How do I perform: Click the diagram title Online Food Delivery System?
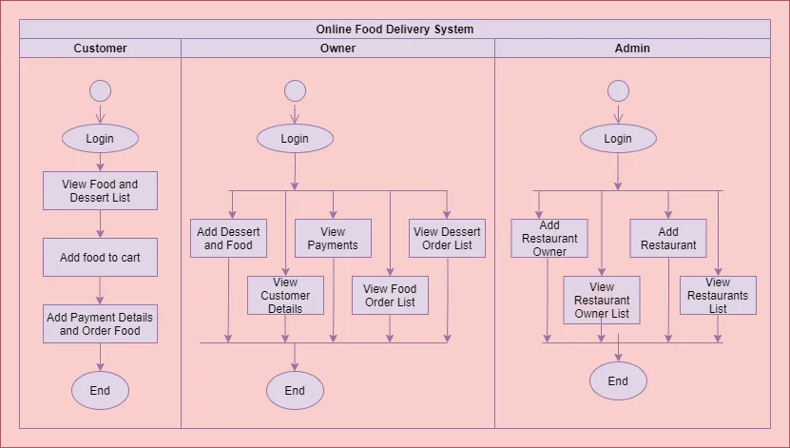click(395, 29)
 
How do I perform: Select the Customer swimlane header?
click(100, 49)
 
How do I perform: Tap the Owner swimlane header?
click(337, 49)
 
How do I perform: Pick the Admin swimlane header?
click(632, 49)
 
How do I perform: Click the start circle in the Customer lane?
click(100, 91)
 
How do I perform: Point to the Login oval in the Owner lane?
click(295, 139)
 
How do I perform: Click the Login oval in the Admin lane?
click(618, 139)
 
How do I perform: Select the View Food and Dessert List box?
click(100, 191)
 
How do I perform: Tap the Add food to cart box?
click(100, 258)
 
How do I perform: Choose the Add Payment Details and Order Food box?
click(100, 324)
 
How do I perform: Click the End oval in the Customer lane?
click(100, 390)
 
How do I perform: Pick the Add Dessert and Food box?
click(228, 239)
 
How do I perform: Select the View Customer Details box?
click(285, 296)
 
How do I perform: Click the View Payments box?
click(333, 239)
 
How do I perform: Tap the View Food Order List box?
click(390, 296)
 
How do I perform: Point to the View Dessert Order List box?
click(447, 239)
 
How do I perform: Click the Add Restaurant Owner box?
click(549, 239)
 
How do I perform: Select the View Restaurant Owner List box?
click(602, 301)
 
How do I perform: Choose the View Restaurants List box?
click(718, 296)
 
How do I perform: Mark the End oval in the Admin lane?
click(618, 381)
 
